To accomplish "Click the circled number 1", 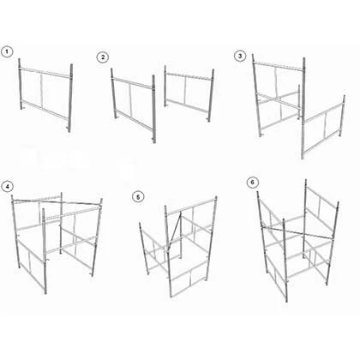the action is click(x=7, y=51).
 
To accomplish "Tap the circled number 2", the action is click(x=103, y=57).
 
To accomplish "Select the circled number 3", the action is click(x=240, y=56).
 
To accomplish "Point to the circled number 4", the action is click(x=7, y=186).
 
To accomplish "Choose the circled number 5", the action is click(x=138, y=197).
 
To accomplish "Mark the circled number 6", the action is click(x=253, y=183).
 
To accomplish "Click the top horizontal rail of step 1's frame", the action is click(x=45, y=72).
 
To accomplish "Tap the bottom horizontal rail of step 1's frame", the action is click(x=45, y=109).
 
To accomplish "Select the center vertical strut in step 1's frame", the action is click(x=42, y=90).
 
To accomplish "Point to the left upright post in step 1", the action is click(x=20, y=84).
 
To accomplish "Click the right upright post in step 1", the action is click(x=70, y=98).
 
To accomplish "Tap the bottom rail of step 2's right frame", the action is click(x=188, y=105).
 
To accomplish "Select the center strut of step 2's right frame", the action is click(x=185, y=91).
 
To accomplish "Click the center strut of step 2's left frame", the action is click(x=131, y=99).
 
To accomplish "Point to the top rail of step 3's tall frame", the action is click(x=279, y=66).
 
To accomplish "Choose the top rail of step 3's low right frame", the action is click(x=324, y=113).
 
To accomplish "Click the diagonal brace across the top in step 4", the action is click(x=57, y=202).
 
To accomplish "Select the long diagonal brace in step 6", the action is click(x=297, y=232).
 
